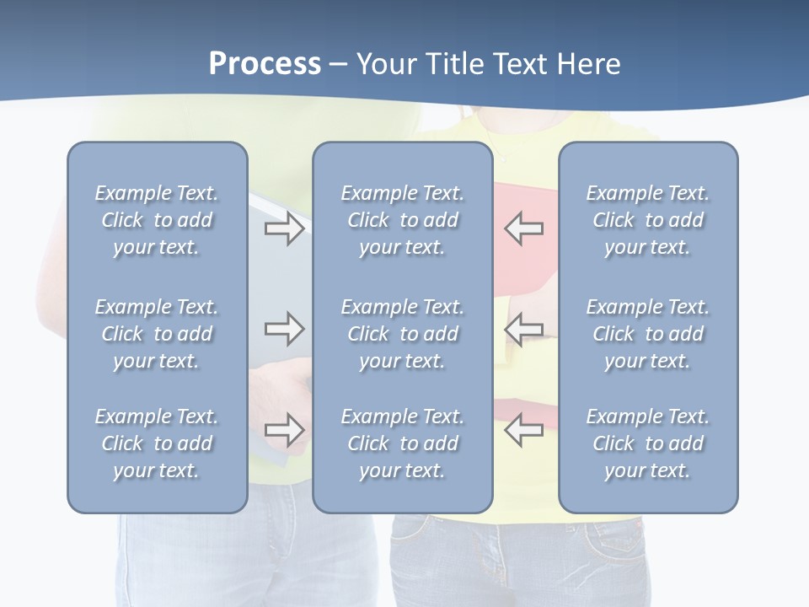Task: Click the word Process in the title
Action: pos(265,64)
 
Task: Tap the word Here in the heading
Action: pos(587,64)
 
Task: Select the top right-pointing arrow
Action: pos(284,228)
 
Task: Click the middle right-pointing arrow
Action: pos(284,329)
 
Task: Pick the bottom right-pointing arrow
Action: pos(284,429)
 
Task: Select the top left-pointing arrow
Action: pos(524,228)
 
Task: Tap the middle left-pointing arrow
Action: pos(524,329)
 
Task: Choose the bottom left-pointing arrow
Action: pos(524,430)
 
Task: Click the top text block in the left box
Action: pos(157,220)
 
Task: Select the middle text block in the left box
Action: pos(157,334)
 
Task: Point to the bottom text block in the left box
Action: pos(157,443)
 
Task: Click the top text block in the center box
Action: pos(402,220)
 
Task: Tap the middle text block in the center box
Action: pos(402,334)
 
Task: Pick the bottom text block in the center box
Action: pos(402,443)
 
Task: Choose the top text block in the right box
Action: pos(647,220)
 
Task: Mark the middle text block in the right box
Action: pos(647,334)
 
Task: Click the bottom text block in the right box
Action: pos(647,443)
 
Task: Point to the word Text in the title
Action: pos(520,64)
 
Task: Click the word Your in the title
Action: pos(384,64)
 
